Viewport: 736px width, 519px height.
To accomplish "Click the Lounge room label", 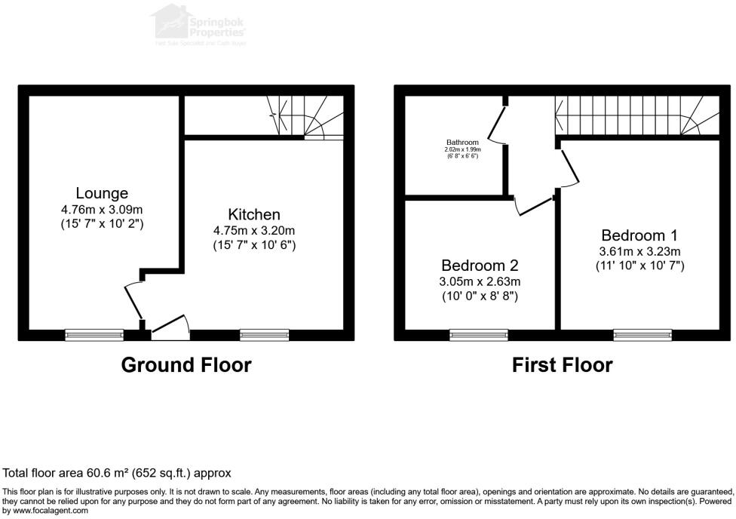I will (102, 194).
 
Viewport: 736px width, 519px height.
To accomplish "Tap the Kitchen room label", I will (254, 215).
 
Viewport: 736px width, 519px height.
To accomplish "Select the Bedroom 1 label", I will (633, 235).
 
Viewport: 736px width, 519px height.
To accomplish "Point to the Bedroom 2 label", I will (480, 266).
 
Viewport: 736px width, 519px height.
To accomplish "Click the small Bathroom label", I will (462, 142).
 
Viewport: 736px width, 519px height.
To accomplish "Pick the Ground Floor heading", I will (186, 365).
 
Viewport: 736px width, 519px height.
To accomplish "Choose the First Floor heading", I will (562, 365).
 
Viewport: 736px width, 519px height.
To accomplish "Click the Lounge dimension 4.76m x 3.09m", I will (102, 209).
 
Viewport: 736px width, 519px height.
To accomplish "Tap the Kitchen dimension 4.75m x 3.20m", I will (254, 231).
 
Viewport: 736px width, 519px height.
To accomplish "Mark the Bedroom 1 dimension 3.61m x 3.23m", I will (641, 251).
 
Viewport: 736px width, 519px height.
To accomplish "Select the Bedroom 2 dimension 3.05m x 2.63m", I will (480, 281).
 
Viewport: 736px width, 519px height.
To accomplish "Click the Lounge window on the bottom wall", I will (94, 334).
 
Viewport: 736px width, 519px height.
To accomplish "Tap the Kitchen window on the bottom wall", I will (264, 334).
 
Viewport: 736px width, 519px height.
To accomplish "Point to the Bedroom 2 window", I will (479, 334).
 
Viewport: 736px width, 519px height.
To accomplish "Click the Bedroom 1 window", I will (642, 334).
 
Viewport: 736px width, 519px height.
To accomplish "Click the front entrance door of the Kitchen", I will (170, 326).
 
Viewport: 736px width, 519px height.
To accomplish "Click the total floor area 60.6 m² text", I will (117, 473).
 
